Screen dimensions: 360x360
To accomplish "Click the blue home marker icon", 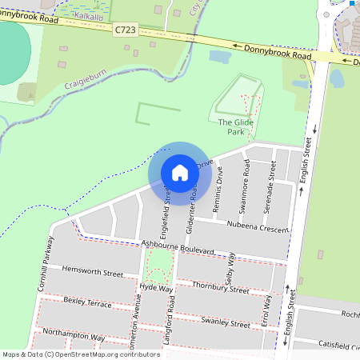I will click(x=180, y=172).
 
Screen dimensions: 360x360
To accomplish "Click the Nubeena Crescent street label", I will click(x=258, y=228).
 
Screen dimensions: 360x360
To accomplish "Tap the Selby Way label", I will click(x=231, y=266).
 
